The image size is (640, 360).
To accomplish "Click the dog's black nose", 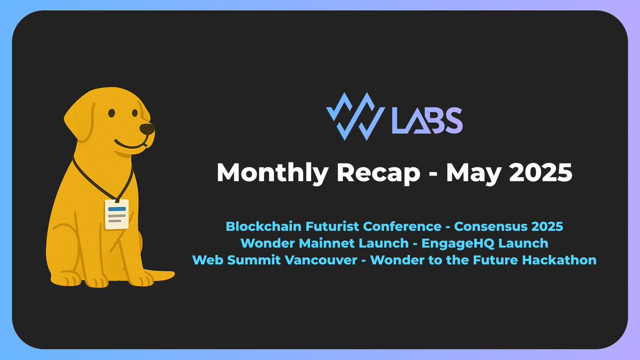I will coord(148,128).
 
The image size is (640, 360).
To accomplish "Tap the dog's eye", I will coord(111,113).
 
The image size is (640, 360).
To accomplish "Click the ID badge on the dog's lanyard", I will coord(117,214).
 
